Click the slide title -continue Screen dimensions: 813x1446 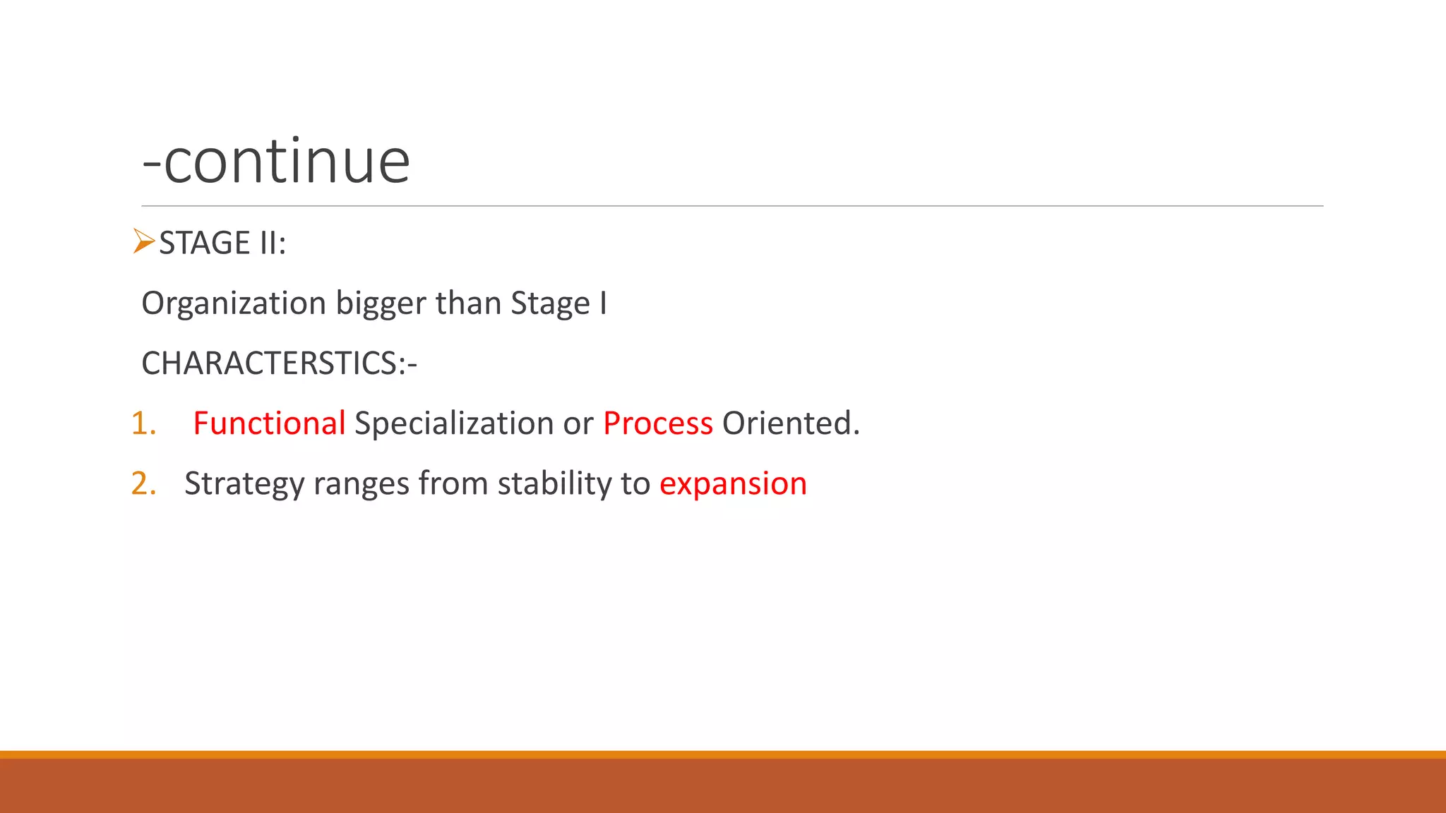pos(276,162)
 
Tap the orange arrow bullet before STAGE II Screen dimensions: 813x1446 pos(143,241)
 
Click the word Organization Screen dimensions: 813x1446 pos(234,303)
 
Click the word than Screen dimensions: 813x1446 pos(469,303)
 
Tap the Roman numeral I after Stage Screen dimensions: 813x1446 pos(603,303)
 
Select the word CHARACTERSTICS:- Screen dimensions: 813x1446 pos(279,363)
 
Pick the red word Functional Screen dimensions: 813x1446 pos(269,423)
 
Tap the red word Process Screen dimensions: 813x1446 pos(657,423)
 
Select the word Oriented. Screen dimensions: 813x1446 pos(790,423)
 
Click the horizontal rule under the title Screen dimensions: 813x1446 pos(732,206)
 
